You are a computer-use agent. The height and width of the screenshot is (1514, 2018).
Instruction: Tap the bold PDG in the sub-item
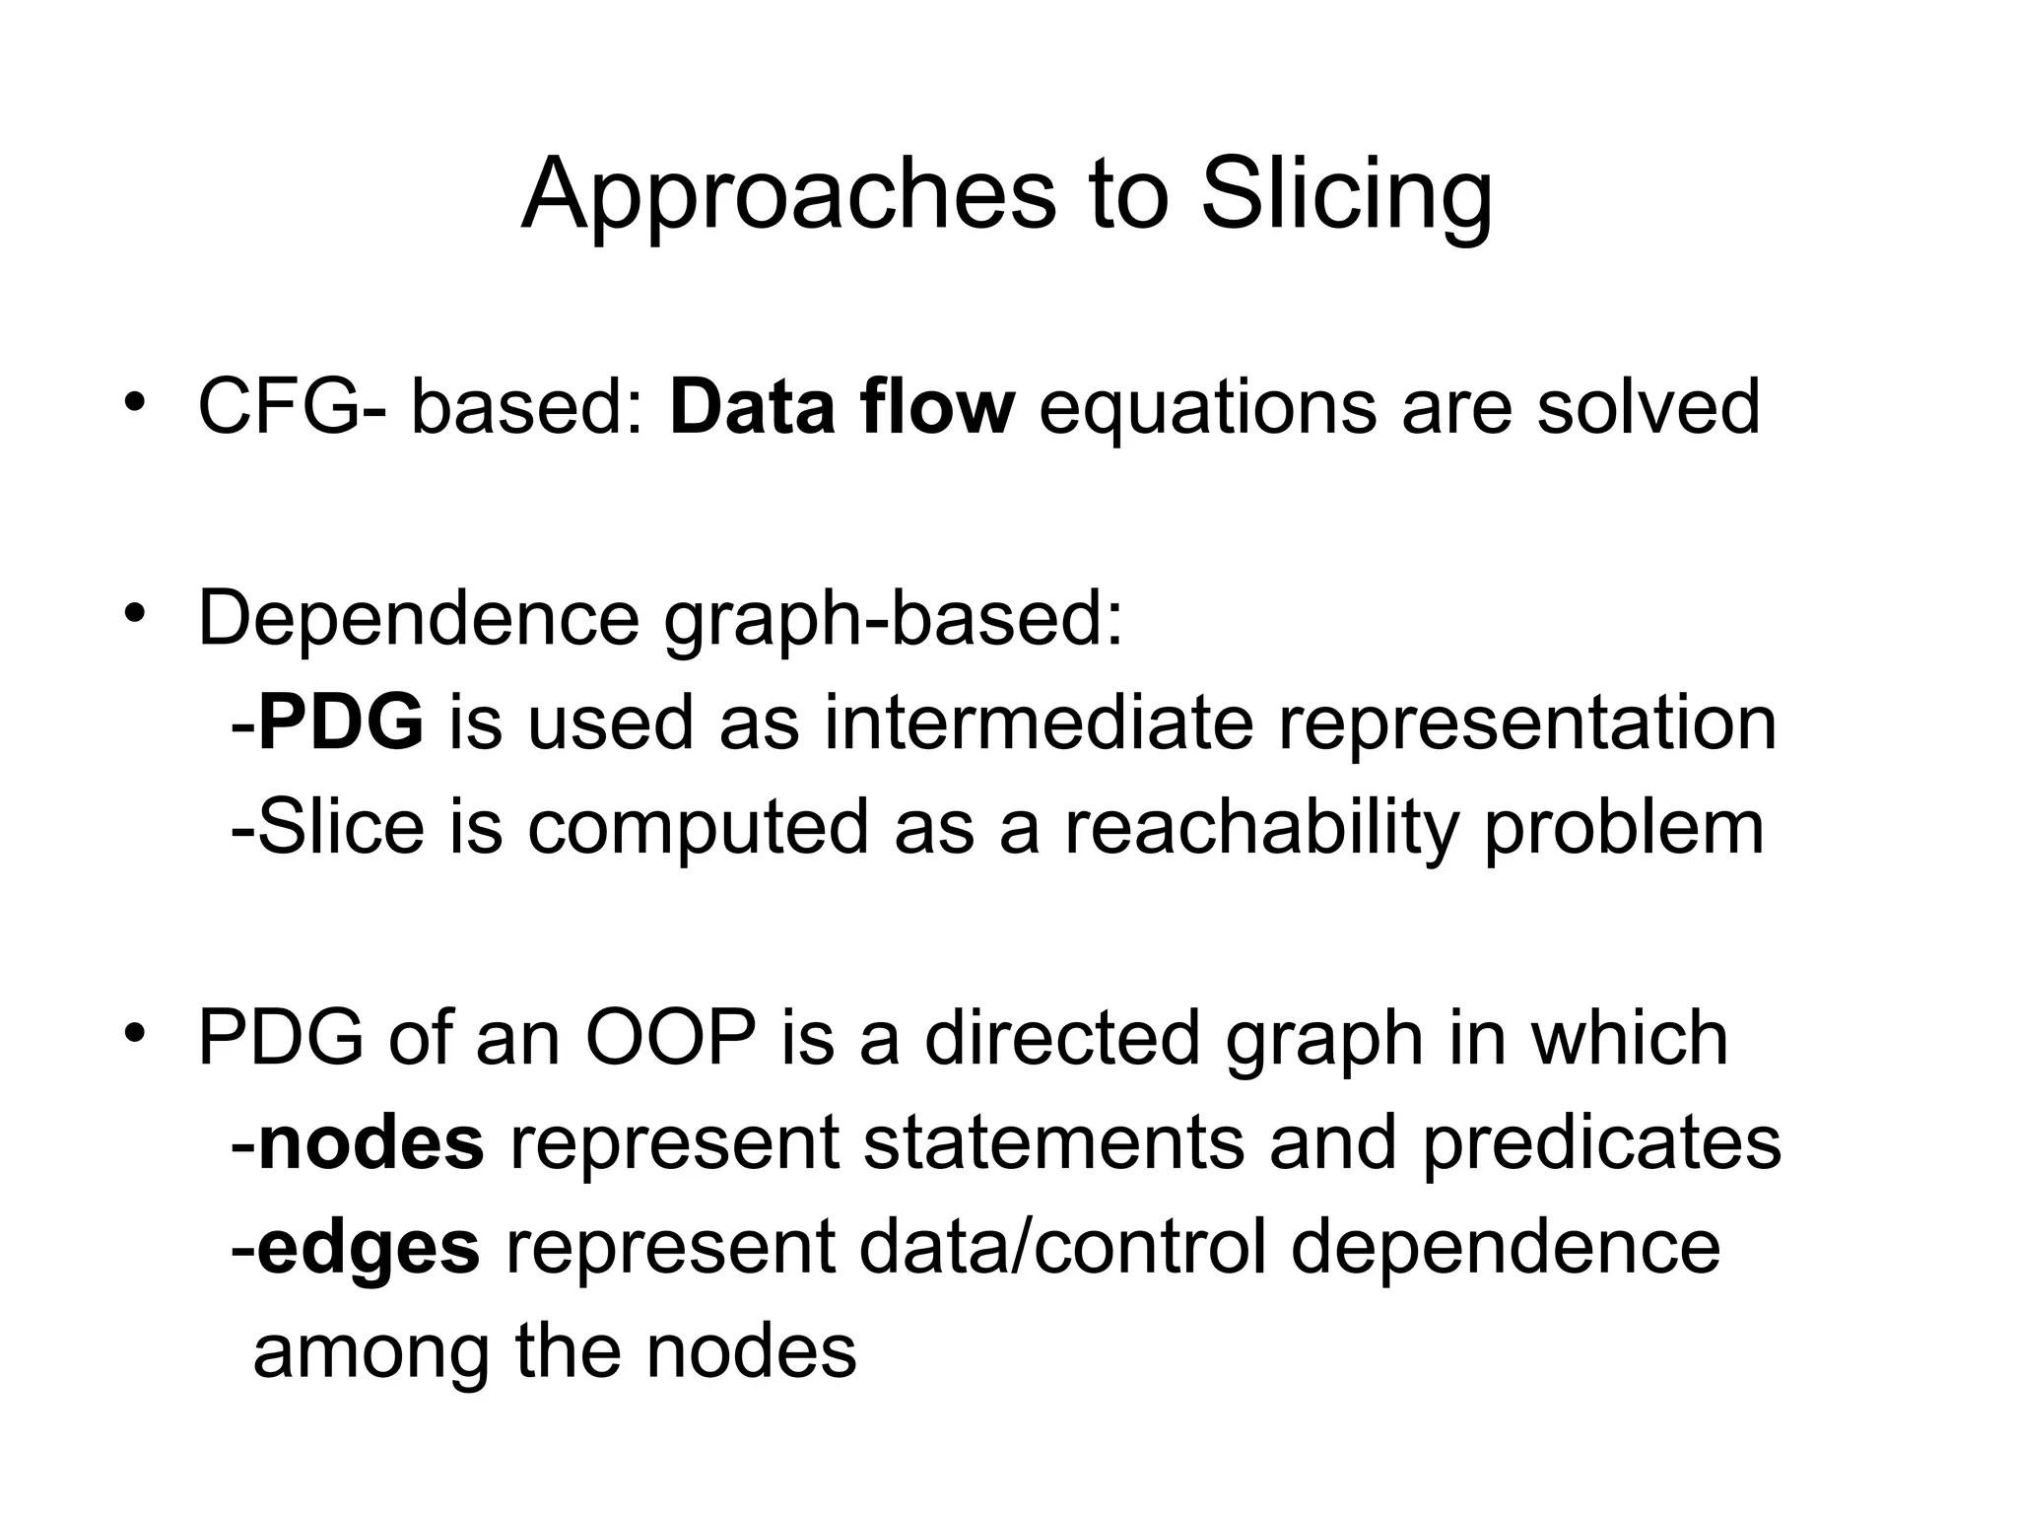[341, 723]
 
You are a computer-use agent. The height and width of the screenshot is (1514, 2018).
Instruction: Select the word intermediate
[1039, 723]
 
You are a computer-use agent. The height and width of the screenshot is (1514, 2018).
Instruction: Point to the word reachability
[1261, 828]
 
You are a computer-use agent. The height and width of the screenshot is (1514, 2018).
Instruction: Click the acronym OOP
[671, 1038]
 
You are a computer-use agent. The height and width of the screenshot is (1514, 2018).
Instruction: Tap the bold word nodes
[370, 1143]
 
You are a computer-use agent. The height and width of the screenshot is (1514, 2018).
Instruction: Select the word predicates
[1601, 1143]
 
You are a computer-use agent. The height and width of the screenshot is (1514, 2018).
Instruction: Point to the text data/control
[1062, 1248]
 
